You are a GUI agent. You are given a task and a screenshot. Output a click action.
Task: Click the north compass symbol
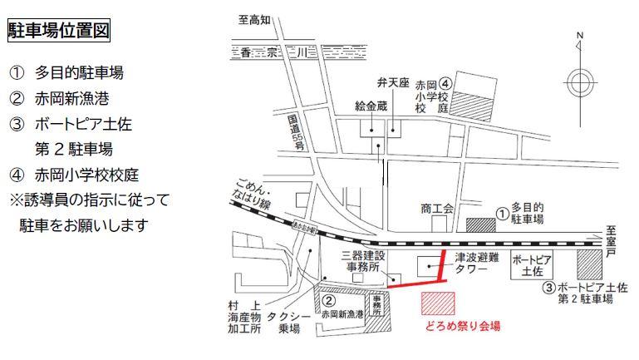[579, 81]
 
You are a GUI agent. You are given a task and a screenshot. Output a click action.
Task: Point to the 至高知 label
[254, 18]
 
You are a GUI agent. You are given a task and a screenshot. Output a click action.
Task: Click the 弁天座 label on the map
[394, 84]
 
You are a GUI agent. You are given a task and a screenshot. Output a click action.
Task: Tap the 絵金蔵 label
[371, 107]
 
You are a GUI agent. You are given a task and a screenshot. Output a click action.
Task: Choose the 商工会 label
[437, 209]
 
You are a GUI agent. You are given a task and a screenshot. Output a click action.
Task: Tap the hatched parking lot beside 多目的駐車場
[480, 225]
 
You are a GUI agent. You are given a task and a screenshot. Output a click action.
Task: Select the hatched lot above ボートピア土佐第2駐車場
[588, 265]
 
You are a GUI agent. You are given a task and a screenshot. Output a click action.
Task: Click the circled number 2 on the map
[329, 301]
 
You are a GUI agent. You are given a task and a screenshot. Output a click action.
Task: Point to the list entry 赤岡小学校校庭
[86, 175]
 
